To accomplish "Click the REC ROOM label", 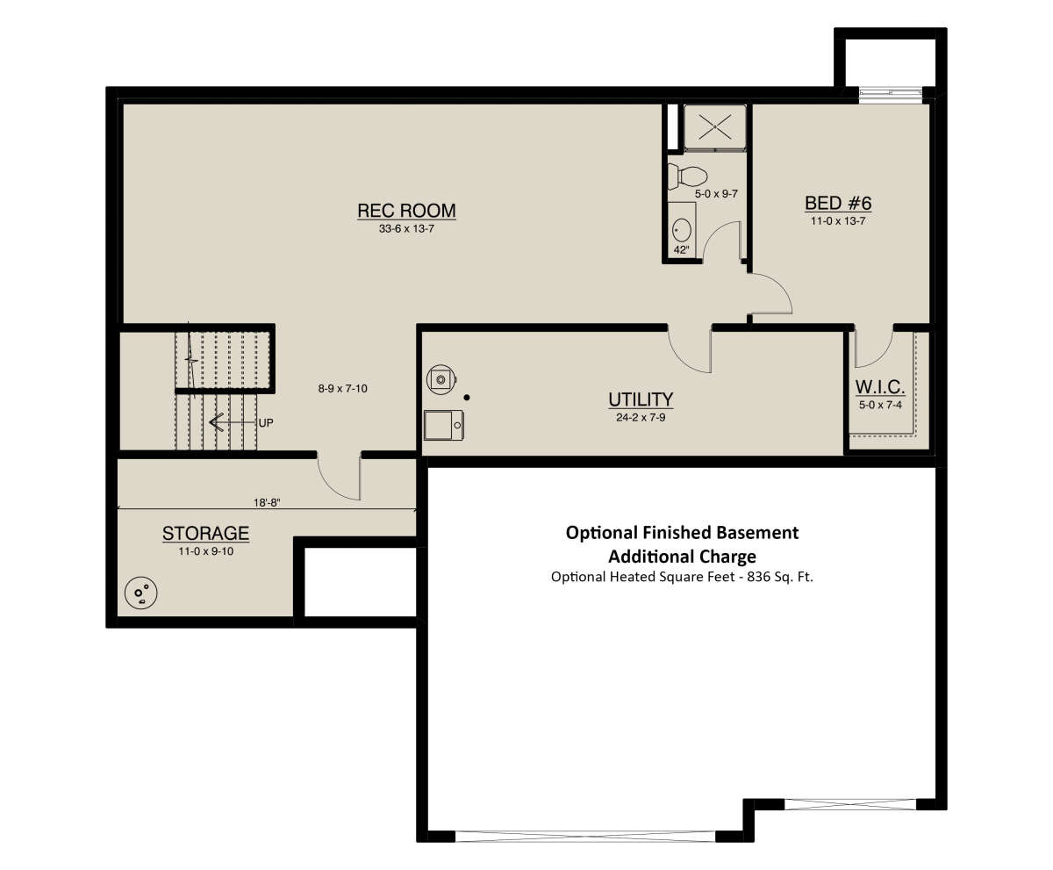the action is click(x=406, y=211).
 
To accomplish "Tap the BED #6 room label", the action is click(x=838, y=203).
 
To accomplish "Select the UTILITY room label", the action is click(x=641, y=399).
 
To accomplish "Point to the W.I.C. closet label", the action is click(x=880, y=387).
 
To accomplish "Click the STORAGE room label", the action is click(x=205, y=534).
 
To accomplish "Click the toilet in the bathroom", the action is click(x=688, y=176).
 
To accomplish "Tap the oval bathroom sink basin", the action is click(x=682, y=231).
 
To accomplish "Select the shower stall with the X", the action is click(x=714, y=126).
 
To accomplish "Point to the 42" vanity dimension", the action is click(x=681, y=250).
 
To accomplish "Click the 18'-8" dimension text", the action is click(x=267, y=503).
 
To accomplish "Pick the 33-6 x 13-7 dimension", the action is click(x=406, y=228).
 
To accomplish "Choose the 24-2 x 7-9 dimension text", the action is click(x=641, y=417).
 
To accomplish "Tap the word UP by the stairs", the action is click(x=266, y=423).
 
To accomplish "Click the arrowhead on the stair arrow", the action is click(x=216, y=422).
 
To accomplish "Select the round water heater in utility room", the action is click(x=441, y=379).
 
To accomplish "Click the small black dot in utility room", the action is click(x=467, y=398).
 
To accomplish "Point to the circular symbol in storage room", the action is click(x=140, y=593).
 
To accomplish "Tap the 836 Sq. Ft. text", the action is click(x=780, y=576).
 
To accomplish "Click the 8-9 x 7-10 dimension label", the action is click(x=342, y=389).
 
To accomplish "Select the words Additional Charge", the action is click(x=682, y=556).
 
